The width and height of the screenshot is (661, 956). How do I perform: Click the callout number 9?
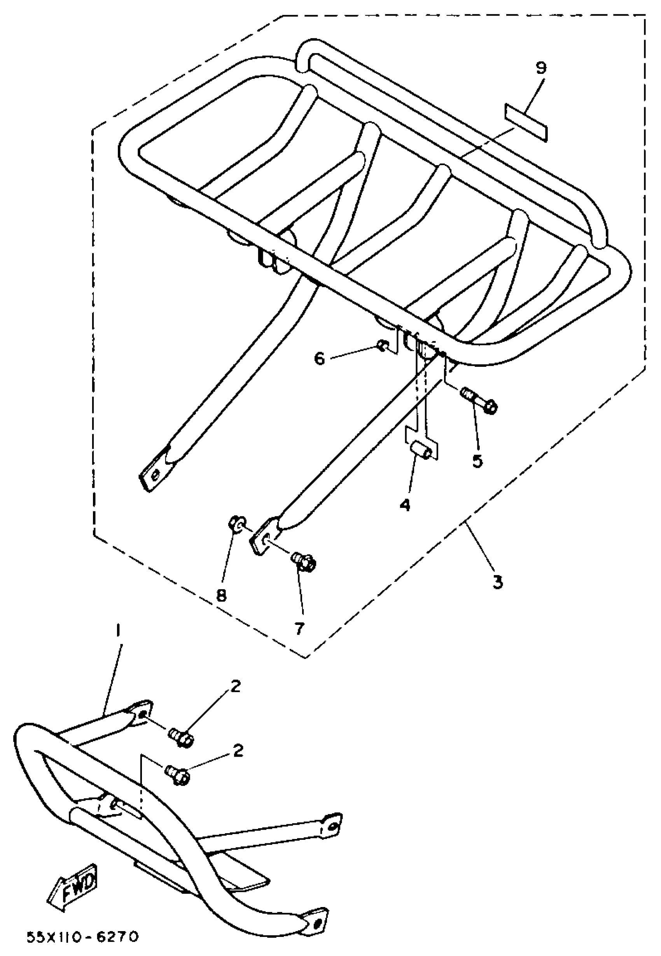click(x=541, y=68)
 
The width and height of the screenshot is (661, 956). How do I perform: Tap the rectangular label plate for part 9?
click(x=526, y=122)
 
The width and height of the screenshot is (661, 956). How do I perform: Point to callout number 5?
click(x=477, y=461)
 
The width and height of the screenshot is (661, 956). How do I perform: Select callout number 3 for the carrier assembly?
click(x=497, y=582)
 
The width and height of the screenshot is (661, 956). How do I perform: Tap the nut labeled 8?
click(x=236, y=525)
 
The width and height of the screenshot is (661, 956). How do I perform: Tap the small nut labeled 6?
click(x=383, y=345)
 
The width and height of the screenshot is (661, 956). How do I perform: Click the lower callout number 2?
click(x=238, y=751)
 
